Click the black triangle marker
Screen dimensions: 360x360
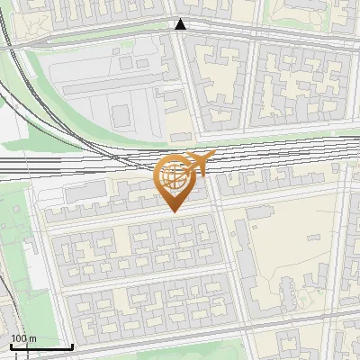click(x=181, y=24)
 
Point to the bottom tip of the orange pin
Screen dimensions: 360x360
click(x=175, y=211)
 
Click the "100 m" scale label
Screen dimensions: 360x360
click(x=24, y=339)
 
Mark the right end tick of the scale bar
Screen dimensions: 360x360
click(x=72, y=346)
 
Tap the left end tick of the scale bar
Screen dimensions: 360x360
click(x=11, y=346)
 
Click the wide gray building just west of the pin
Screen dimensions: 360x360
click(x=85, y=192)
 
